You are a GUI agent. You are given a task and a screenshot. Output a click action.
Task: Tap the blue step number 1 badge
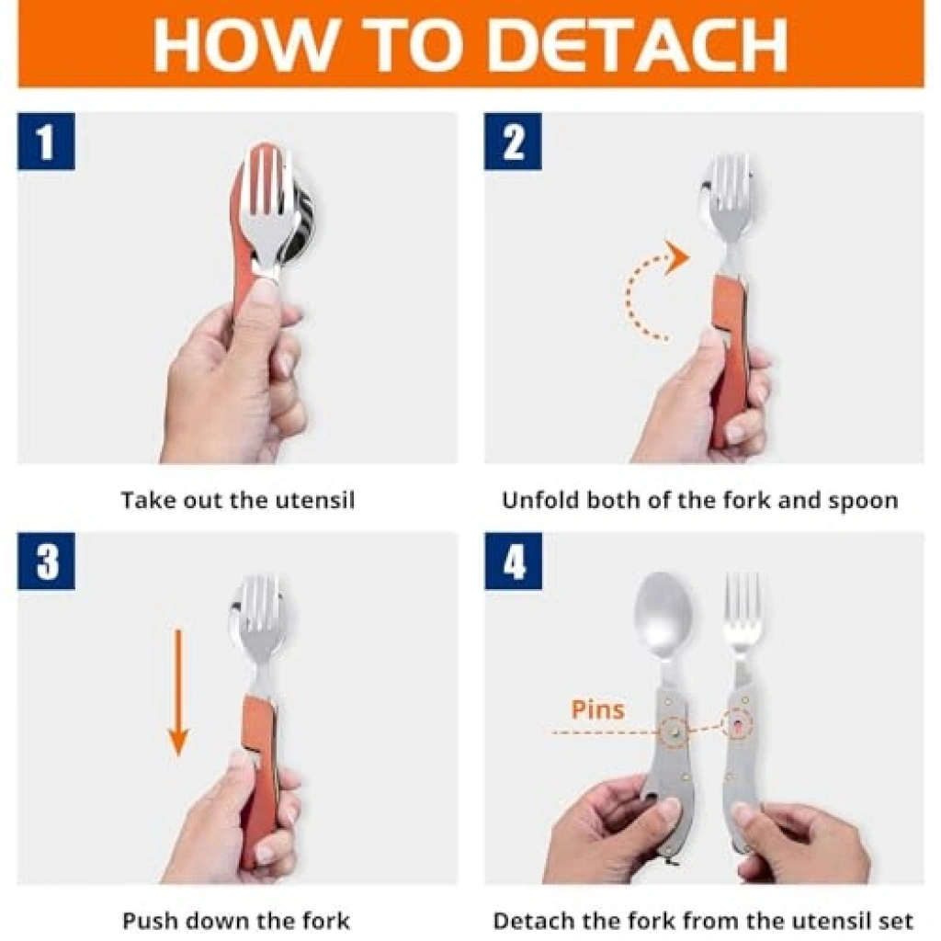point(46,141)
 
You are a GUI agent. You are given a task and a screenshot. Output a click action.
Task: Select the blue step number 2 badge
point(513,141)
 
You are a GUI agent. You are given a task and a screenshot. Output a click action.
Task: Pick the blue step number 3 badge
point(46,561)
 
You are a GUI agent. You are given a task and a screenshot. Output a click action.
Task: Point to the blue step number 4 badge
point(513,561)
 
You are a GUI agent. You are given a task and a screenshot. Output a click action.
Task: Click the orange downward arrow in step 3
point(178,691)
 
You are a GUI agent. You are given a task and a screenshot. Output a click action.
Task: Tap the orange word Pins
point(597,709)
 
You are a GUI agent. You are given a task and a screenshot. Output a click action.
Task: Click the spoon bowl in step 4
point(663,613)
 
